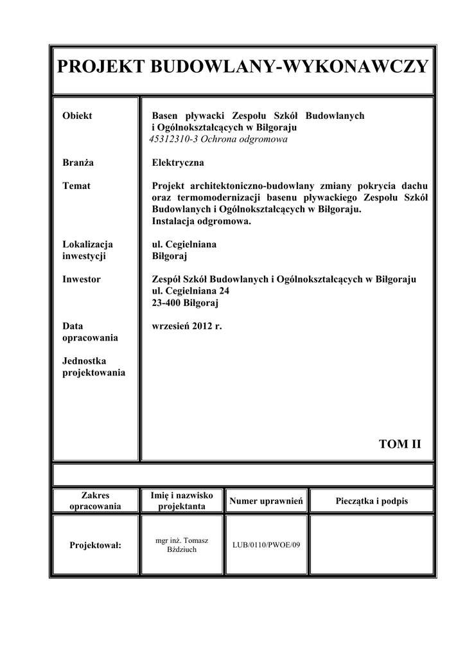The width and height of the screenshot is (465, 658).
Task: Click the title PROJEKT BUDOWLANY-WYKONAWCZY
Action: (x=242, y=66)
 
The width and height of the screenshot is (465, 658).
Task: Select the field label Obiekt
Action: (x=77, y=116)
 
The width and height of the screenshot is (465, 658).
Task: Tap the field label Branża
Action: (x=78, y=163)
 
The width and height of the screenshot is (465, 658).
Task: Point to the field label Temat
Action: (x=76, y=186)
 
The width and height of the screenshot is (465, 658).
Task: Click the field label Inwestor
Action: (x=82, y=279)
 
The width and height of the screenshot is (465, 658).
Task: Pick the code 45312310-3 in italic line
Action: (x=171, y=139)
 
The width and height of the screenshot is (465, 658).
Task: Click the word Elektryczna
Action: (x=178, y=163)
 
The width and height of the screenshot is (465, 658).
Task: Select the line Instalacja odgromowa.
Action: (x=202, y=220)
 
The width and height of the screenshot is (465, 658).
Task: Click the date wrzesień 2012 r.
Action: (x=186, y=326)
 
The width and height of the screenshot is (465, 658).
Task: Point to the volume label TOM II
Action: (x=399, y=443)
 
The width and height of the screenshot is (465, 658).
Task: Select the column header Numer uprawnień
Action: (x=266, y=501)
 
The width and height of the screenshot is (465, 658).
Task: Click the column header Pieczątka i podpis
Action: (x=371, y=501)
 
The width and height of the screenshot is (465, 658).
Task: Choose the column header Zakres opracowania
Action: (x=95, y=501)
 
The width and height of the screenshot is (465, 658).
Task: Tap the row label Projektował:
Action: (x=95, y=545)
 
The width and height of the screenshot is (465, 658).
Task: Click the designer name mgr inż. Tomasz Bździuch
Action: (x=182, y=545)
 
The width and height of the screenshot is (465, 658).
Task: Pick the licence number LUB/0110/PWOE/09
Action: (x=266, y=545)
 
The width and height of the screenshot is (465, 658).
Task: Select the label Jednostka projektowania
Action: (x=93, y=367)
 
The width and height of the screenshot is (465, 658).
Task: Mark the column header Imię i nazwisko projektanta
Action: (x=182, y=501)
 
